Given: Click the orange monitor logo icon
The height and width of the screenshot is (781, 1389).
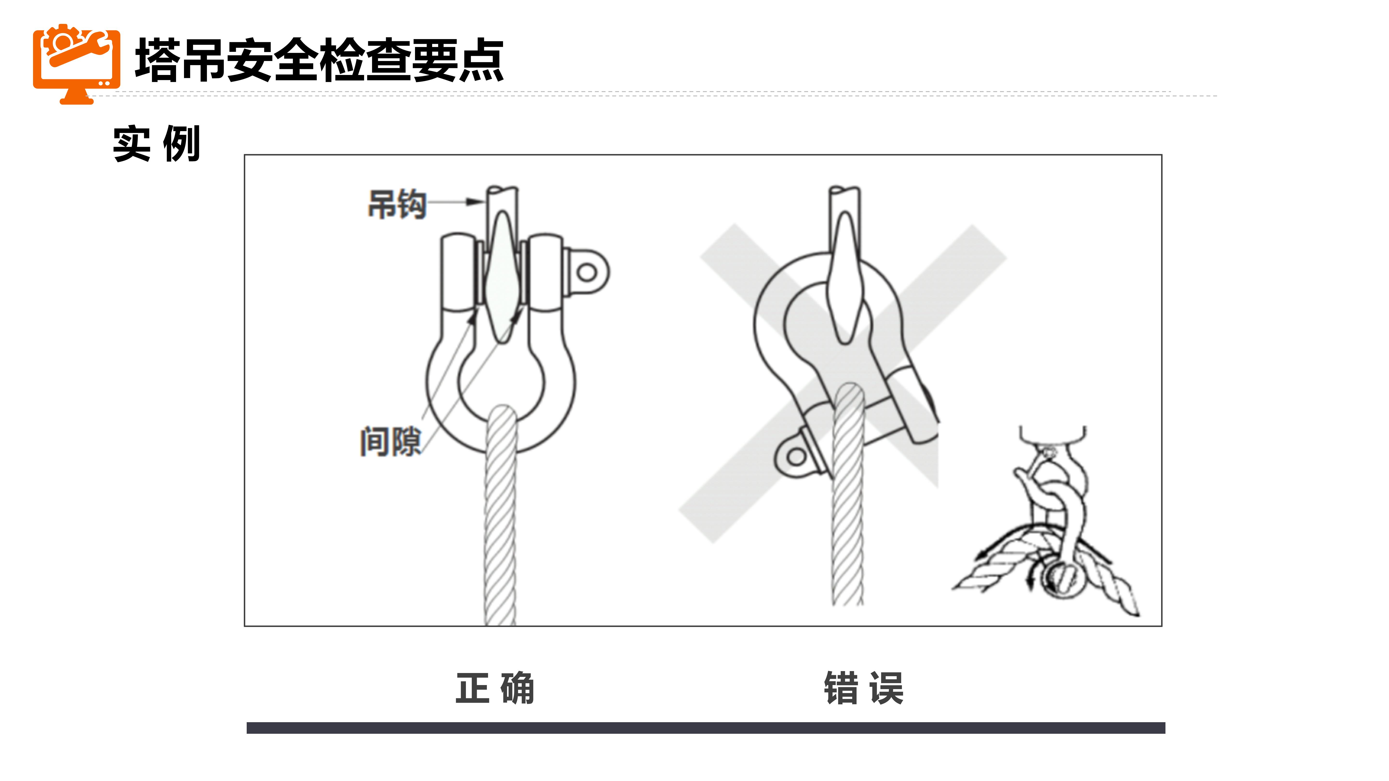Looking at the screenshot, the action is [x=77, y=64].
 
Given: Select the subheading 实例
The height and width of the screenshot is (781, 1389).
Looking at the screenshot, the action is [x=156, y=143].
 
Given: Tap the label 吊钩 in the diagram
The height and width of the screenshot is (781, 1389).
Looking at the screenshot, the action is [x=397, y=204].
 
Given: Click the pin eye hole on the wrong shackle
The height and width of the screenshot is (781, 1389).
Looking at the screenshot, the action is [x=797, y=458].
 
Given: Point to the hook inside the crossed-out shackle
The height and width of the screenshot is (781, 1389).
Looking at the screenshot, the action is [x=845, y=278].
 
